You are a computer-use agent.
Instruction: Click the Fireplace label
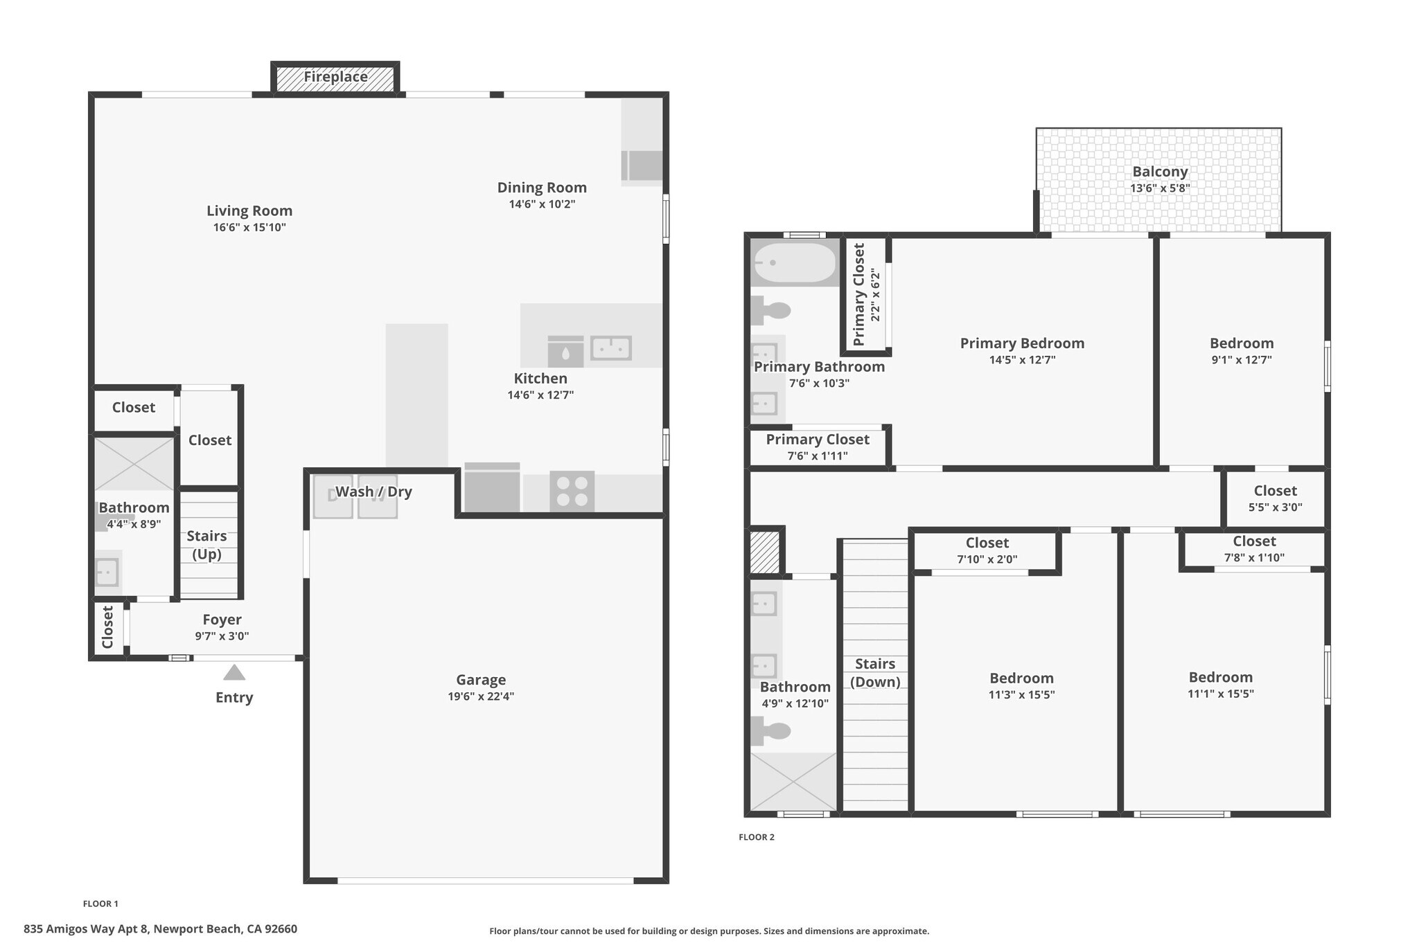pos(335,77)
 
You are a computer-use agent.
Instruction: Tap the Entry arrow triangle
pos(234,673)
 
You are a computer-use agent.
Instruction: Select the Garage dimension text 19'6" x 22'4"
pos(481,696)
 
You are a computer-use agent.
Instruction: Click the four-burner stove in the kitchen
pos(572,491)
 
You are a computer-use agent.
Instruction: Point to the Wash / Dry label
pos(373,492)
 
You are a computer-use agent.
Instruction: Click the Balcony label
pos(1160,172)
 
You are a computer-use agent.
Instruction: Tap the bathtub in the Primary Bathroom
pos(795,262)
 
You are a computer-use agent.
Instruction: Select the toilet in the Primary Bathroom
pos(773,310)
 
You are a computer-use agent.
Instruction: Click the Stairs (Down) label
pos(875,672)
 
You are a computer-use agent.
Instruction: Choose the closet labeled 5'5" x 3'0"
pos(1275,498)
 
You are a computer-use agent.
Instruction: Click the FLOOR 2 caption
pos(757,837)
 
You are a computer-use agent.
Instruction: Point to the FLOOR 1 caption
pos(100,903)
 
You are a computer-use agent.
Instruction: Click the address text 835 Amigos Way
pos(160,929)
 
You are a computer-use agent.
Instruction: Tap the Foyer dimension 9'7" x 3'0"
pos(222,636)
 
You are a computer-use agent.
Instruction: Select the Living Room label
pos(249,211)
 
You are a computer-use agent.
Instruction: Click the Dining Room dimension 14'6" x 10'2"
pos(542,204)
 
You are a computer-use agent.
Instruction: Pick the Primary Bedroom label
pos(1022,343)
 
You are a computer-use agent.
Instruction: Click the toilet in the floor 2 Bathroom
pos(773,731)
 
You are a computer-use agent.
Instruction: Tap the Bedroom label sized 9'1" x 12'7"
pos(1242,343)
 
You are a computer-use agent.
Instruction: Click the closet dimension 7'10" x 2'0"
pos(987,559)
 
